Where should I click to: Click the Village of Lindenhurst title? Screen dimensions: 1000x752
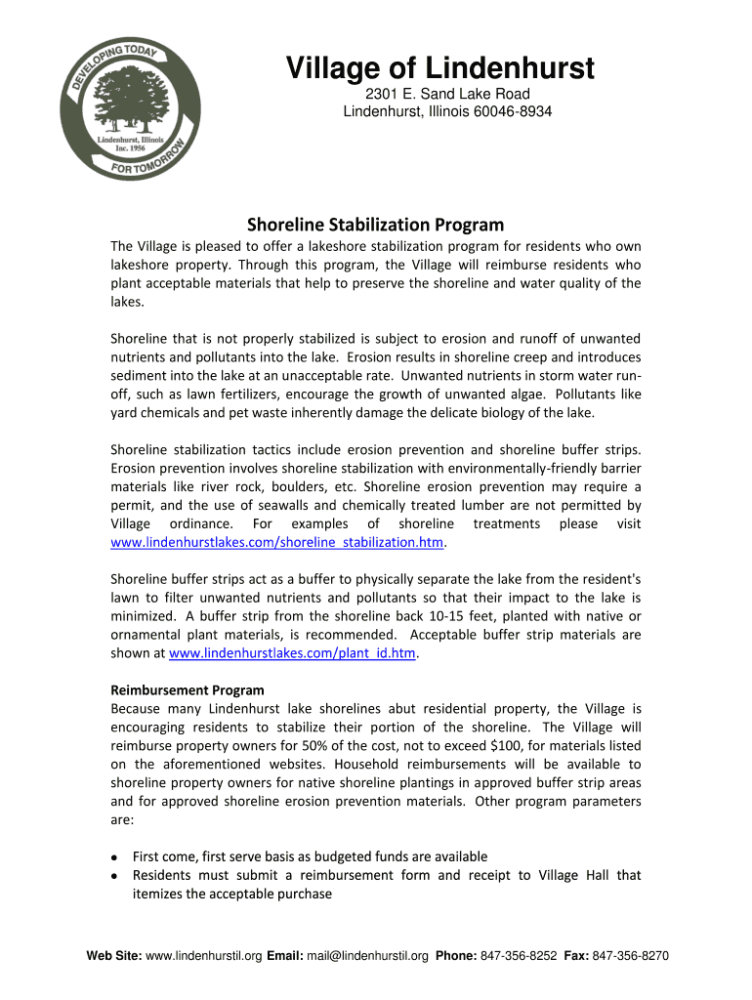click(x=439, y=69)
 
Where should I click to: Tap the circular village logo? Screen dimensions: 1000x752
click(x=131, y=108)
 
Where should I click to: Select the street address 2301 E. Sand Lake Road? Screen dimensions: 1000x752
click(x=447, y=94)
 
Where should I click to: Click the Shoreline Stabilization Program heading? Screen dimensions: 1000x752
click(x=375, y=225)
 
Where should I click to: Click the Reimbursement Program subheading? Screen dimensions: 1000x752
click(x=188, y=689)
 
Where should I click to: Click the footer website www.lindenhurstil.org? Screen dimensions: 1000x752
click(x=203, y=956)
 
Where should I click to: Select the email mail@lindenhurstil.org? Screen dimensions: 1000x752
click(x=367, y=956)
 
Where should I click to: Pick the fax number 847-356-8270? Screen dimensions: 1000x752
click(x=631, y=956)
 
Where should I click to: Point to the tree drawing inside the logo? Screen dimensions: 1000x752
click(x=129, y=98)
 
